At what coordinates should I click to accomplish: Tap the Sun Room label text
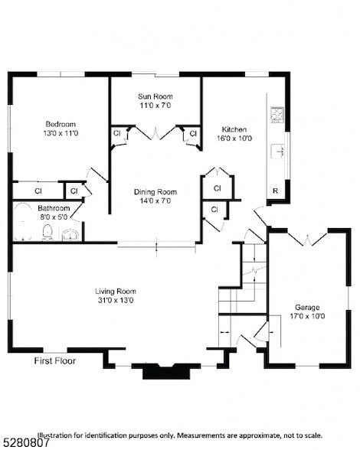(x=155, y=96)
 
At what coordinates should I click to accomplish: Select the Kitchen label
(x=234, y=129)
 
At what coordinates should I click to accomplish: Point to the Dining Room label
(x=155, y=192)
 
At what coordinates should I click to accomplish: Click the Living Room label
(x=115, y=291)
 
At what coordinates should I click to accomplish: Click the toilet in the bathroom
(x=47, y=231)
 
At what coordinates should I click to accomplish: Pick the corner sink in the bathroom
(x=71, y=233)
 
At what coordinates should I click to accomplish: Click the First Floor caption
(x=55, y=360)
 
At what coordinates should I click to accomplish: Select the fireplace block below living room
(x=166, y=371)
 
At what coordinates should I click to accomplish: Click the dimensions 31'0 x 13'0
(x=115, y=301)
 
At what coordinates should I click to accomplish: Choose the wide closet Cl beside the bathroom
(x=37, y=191)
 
